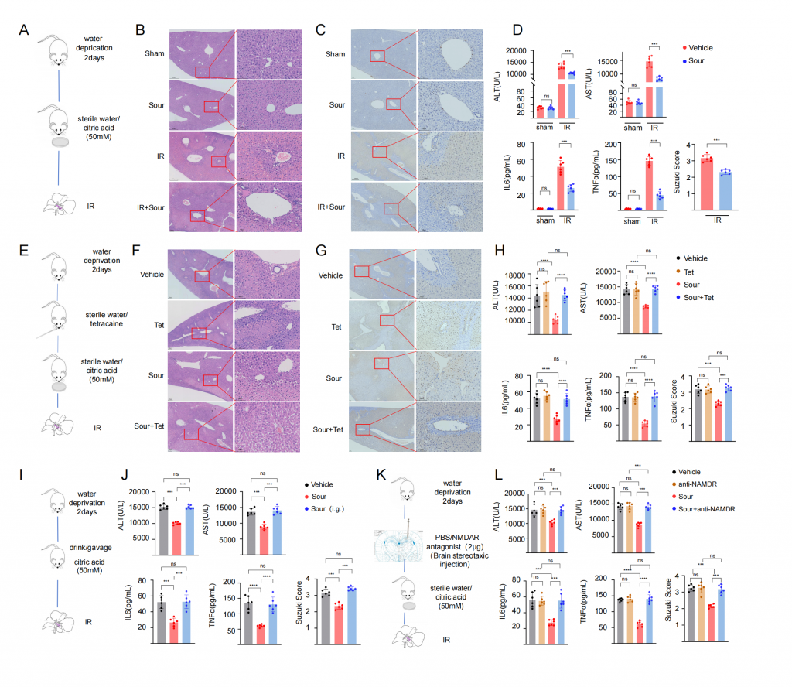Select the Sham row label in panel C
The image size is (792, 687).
[x=336, y=53]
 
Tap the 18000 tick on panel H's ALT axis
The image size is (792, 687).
[x=520, y=275]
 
